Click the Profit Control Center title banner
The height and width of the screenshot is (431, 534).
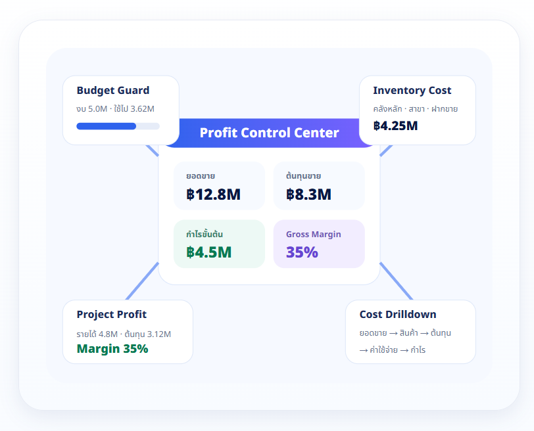pyautogui.click(x=269, y=133)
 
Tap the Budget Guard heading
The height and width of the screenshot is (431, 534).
pyautogui.click(x=113, y=91)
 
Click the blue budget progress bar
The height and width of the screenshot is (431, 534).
pyautogui.click(x=107, y=126)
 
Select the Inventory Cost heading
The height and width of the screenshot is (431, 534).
pyautogui.click(x=412, y=91)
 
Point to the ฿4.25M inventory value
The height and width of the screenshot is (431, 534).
pyautogui.click(x=395, y=126)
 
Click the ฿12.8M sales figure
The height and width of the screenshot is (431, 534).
pyautogui.click(x=214, y=194)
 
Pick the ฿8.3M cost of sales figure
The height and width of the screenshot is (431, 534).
pyautogui.click(x=308, y=194)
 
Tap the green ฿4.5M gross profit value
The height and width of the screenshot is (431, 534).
pyautogui.click(x=208, y=252)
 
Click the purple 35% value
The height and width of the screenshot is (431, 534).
pyautogui.click(x=302, y=252)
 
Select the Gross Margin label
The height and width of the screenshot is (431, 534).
pyautogui.click(x=313, y=235)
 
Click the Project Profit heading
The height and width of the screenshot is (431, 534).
pyautogui.click(x=112, y=314)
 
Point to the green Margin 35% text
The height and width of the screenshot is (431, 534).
pyautogui.click(x=112, y=349)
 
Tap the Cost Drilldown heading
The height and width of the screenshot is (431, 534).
pyautogui.click(x=398, y=314)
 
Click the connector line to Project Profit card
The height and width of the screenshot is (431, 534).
pyautogui.click(x=142, y=281)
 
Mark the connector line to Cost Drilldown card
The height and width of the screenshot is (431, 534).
pyautogui.click(x=396, y=281)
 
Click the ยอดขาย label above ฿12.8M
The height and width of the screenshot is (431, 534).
pyautogui.click(x=201, y=176)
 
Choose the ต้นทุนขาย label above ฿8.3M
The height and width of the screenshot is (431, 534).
pyautogui.click(x=303, y=176)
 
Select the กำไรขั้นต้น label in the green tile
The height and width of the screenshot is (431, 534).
pyautogui.click(x=205, y=234)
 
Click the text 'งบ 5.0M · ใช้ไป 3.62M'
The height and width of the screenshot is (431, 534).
pyautogui.click(x=116, y=109)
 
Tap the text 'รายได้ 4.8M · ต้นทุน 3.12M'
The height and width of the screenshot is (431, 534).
pyautogui.click(x=124, y=334)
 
